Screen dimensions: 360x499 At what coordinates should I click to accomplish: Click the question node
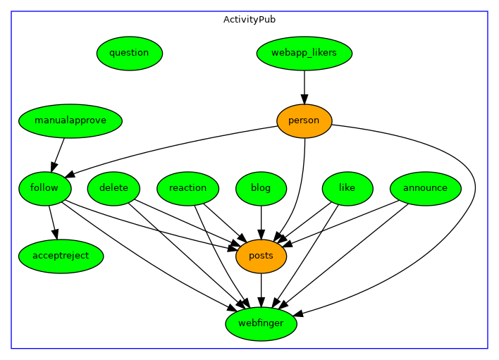pos(130,53)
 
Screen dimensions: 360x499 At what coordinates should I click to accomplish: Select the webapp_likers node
pos(304,53)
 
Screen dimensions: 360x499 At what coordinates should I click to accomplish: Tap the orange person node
pos(304,120)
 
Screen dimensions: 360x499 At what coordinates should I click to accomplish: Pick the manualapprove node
pos(70,120)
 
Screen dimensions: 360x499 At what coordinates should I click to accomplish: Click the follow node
pos(44,188)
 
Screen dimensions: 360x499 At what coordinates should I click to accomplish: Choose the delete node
pos(113,188)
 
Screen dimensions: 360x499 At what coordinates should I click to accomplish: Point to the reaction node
pos(188,188)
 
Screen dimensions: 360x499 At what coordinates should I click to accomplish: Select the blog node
pos(261,188)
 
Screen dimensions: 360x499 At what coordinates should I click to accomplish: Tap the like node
pos(347,188)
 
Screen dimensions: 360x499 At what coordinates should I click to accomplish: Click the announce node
pos(425,188)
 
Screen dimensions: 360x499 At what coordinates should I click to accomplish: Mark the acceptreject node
pos(61,256)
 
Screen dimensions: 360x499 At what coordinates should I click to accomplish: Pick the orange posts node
pos(261,256)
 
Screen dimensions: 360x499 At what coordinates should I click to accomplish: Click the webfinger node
pos(261,324)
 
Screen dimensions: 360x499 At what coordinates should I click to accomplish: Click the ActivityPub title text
pos(249,20)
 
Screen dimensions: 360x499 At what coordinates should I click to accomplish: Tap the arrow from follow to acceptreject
pos(51,221)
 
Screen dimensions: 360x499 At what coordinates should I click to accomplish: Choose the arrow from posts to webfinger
pos(261,289)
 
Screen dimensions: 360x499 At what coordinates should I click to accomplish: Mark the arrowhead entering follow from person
pos(70,175)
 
